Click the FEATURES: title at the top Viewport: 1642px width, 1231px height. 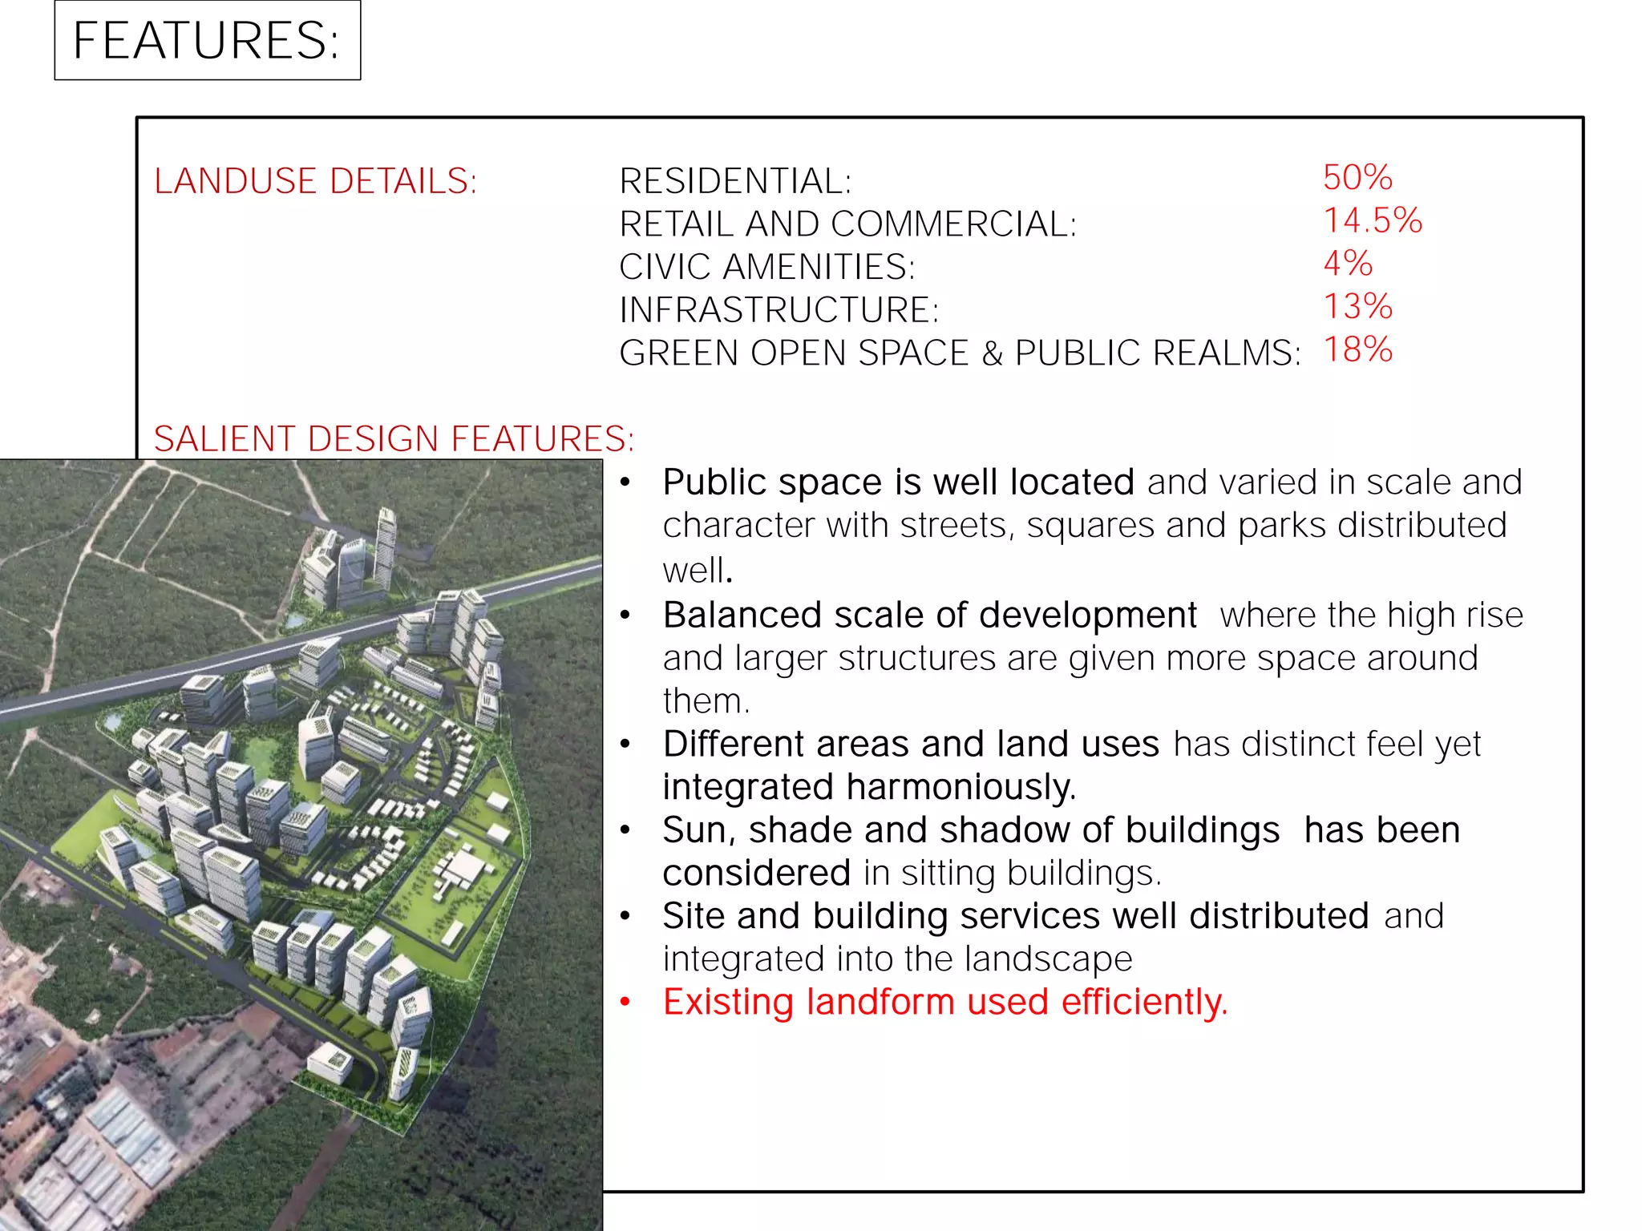[206, 40]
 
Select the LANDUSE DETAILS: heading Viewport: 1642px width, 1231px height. [315, 181]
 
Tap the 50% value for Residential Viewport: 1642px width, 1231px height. [1357, 177]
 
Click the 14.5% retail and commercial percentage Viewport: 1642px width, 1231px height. [1372, 220]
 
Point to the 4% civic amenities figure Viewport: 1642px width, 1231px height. [1348, 263]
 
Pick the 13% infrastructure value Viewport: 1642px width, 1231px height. [1357, 306]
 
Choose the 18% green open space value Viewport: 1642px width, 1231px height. [1357, 349]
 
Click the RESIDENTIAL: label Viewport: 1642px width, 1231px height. [735, 181]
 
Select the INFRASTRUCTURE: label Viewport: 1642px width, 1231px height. [779, 310]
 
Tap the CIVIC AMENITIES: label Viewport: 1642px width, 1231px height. [766, 267]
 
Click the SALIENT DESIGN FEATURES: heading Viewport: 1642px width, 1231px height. [394, 438]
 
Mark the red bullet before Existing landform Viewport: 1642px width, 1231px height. [625, 1002]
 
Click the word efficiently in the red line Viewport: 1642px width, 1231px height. [1144, 1002]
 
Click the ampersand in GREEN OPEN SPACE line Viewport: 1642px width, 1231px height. [992, 353]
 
